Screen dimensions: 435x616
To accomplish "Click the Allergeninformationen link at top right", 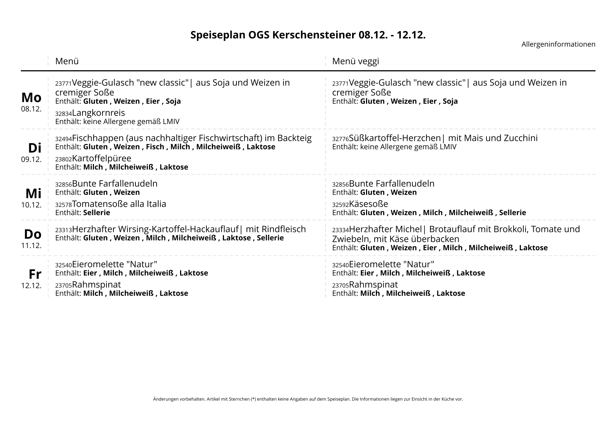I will pyautogui.click(x=558, y=44).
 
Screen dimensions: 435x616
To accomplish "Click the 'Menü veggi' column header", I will pyautogui.click(x=355, y=61).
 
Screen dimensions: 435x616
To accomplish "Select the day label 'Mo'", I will pyautogui.click(x=31, y=98).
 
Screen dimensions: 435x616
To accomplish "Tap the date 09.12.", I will pyautogui.click(x=31, y=160).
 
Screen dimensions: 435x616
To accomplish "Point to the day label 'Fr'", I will pyautogui.click(x=35, y=274).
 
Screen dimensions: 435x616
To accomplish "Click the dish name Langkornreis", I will pyautogui.click(x=98, y=113).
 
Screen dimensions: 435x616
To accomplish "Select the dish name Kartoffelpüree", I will pyautogui.click(x=101, y=158).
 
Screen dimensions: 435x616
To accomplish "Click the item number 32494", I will pyautogui.click(x=63, y=139).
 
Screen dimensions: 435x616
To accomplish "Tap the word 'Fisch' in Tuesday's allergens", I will pyautogui.click(x=155, y=147).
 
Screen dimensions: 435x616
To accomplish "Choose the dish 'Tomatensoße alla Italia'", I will pyautogui.click(x=119, y=204).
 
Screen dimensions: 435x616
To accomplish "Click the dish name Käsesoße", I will pyautogui.click(x=368, y=204).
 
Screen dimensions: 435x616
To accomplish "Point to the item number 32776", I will pyautogui.click(x=340, y=139).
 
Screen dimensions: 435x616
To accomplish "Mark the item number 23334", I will pyautogui.click(x=340, y=230).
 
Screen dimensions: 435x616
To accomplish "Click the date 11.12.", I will pyautogui.click(x=31, y=245).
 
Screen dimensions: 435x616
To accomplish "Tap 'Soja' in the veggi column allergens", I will pyautogui.click(x=450, y=101).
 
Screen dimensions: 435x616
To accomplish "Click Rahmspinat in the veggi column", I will pyautogui.click(x=373, y=285).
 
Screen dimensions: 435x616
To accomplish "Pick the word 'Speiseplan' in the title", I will pyautogui.click(x=218, y=35).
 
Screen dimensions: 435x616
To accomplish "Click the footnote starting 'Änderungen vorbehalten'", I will pyautogui.click(x=308, y=399).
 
